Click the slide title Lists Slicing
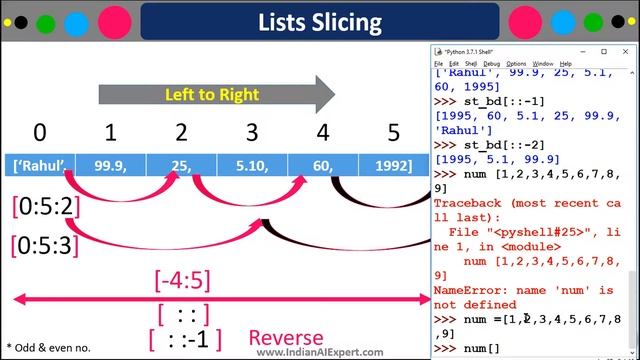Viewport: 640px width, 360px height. point(319,21)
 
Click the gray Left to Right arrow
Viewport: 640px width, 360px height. point(215,95)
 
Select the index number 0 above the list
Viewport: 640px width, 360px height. point(39,132)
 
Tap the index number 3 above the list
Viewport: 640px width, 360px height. point(252,132)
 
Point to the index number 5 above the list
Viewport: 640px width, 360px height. point(394,132)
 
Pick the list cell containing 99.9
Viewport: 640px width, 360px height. point(111,165)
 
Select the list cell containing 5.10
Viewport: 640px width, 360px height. point(252,165)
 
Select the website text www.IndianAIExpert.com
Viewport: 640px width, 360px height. point(319,352)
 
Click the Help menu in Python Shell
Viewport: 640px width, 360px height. point(566,63)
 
